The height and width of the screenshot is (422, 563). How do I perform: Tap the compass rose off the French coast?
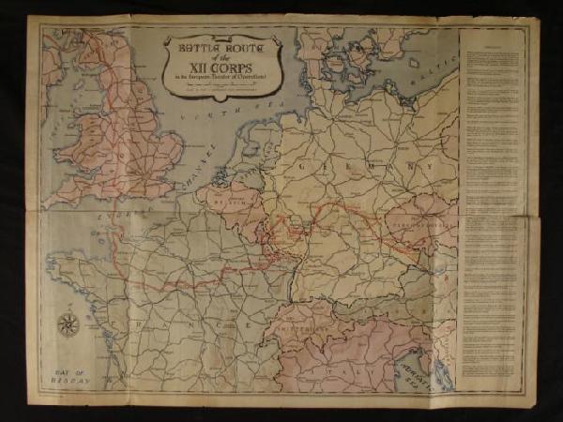68,324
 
